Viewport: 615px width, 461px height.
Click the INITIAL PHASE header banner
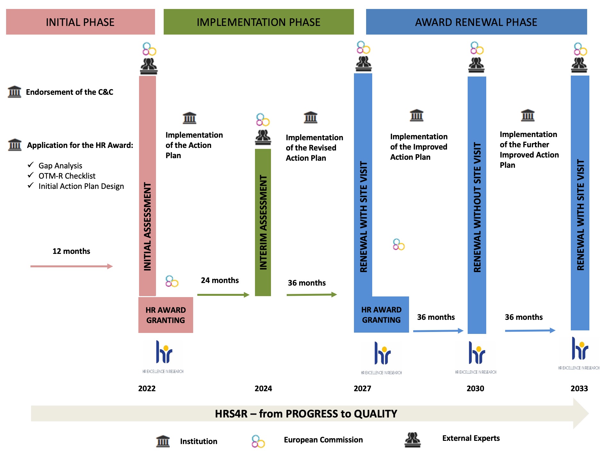pyautogui.click(x=80, y=22)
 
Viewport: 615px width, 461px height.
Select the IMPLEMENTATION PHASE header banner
pyautogui.click(x=258, y=22)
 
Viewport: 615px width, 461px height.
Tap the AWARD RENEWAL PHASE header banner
pyautogui.click(x=476, y=22)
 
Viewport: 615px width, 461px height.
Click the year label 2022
pyautogui.click(x=147, y=388)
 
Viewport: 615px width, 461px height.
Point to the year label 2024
pyautogui.click(x=263, y=388)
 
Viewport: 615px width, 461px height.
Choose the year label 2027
pyautogui.click(x=362, y=388)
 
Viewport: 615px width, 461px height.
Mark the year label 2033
pyautogui.click(x=579, y=388)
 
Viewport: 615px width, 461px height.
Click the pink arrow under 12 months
pyautogui.click(x=71, y=266)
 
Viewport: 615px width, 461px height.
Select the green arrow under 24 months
pyautogui.click(x=223, y=295)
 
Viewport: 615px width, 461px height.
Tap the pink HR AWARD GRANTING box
pyautogui.click(x=166, y=315)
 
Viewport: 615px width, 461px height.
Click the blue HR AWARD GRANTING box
pyautogui.click(x=381, y=315)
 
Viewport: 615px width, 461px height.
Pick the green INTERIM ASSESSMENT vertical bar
pyautogui.click(x=263, y=222)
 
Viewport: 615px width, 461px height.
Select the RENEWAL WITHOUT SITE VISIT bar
pyautogui.click(x=477, y=205)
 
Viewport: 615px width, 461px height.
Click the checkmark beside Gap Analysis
pyautogui.click(x=31, y=165)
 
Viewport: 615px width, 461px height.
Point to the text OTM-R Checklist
pyautogui.click(x=67, y=176)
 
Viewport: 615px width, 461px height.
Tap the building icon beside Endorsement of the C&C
pyautogui.click(x=14, y=92)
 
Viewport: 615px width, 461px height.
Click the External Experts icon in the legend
pyautogui.click(x=413, y=440)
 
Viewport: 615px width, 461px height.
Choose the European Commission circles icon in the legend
pyautogui.click(x=258, y=441)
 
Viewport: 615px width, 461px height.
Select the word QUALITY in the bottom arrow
pyautogui.click(x=375, y=414)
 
